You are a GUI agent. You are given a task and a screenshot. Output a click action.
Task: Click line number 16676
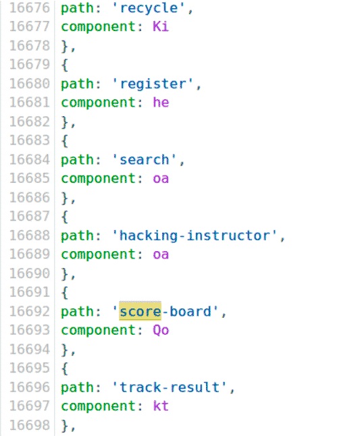tap(30, 8)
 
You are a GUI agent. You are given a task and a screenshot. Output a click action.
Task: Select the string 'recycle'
tap(149, 8)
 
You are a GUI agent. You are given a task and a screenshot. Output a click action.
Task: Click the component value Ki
tap(161, 27)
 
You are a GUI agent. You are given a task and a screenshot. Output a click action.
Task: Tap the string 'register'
tap(153, 84)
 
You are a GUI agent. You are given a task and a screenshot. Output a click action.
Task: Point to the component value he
tap(161, 103)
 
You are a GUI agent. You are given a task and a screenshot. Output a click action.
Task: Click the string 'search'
tap(145, 160)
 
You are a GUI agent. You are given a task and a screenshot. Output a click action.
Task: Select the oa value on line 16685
tap(161, 178)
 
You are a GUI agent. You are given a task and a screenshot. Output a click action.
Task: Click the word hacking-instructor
tap(195, 236)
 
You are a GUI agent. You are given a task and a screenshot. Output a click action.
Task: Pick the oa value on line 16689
tap(161, 254)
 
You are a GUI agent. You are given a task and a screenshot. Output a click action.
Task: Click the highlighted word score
tap(140, 312)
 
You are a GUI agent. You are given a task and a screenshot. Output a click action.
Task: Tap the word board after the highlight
tap(190, 311)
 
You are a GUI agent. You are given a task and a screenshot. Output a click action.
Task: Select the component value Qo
tap(161, 330)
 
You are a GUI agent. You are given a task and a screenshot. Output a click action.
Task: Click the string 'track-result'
tap(170, 387)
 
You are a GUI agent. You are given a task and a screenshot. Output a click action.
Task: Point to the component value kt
tap(161, 406)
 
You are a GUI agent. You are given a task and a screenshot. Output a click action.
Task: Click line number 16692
tap(30, 311)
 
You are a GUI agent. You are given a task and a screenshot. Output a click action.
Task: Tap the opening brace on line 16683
tap(65, 140)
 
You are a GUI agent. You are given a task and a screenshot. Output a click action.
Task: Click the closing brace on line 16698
tap(65, 425)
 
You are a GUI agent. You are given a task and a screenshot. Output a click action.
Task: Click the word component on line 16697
tap(98, 406)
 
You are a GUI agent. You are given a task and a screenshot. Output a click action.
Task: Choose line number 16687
tap(30, 217)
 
